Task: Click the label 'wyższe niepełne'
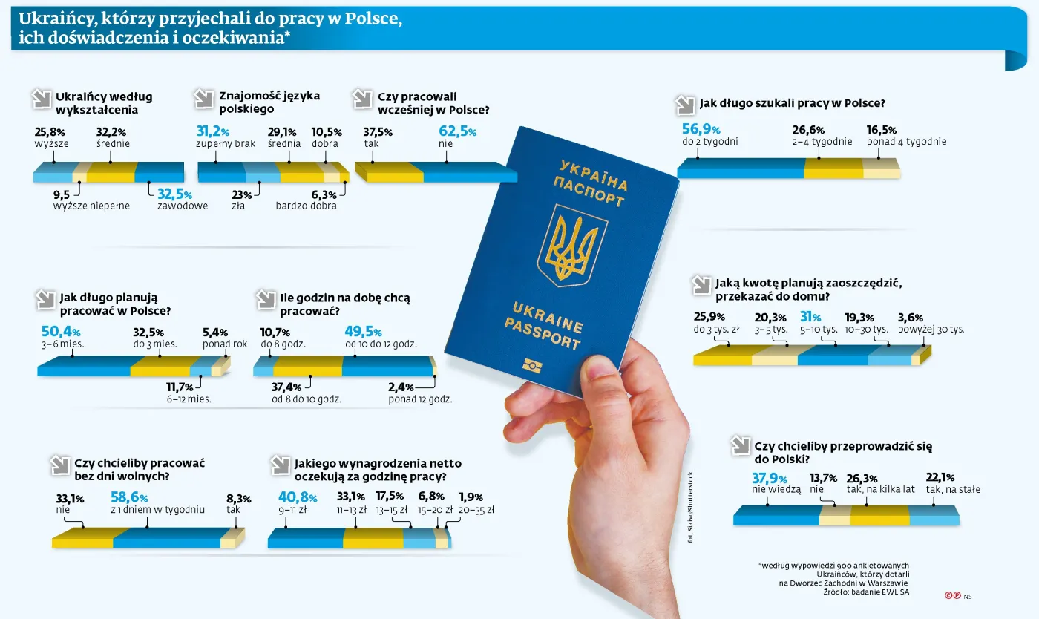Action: [91, 206]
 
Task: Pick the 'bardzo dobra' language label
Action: [306, 206]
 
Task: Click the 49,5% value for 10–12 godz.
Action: [363, 332]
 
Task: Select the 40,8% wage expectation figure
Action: [298, 498]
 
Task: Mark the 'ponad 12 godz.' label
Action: [420, 399]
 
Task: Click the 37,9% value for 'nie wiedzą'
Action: [769, 478]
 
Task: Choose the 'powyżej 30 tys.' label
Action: [931, 329]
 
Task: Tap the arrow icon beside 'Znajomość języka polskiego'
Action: [203, 98]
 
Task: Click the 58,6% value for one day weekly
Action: [129, 497]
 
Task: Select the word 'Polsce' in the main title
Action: [373, 19]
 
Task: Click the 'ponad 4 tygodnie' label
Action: [906, 142]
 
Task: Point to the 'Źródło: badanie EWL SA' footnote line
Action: [866, 592]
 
